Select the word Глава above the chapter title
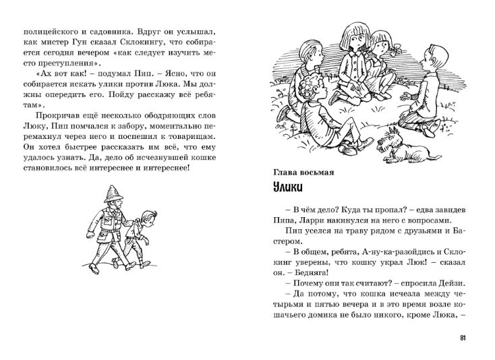click(276, 173)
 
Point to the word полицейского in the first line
click(53, 31)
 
